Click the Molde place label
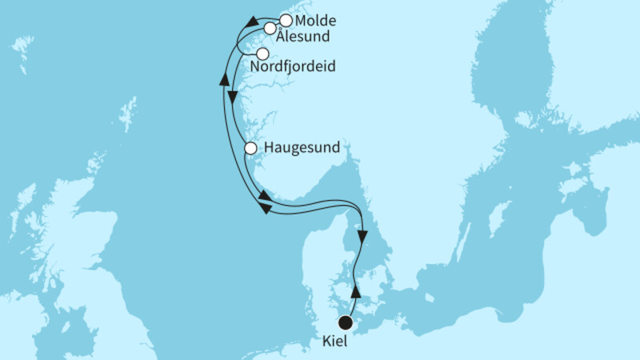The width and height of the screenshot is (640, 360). tap(315, 21)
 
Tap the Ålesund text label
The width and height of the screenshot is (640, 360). tap(302, 36)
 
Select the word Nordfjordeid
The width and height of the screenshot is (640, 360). tap(293, 68)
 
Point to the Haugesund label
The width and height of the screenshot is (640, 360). tap(302, 148)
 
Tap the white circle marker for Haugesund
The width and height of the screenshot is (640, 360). tap(250, 148)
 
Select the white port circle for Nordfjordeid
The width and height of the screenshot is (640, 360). tap(262, 54)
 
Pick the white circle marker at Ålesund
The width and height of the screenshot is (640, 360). tap(270, 29)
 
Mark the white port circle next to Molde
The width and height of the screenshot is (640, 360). tap(285, 19)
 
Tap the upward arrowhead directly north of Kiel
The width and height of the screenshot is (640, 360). tap(357, 292)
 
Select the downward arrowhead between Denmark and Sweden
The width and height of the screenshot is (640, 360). tap(363, 237)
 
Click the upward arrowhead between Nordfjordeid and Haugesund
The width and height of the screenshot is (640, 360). tap(224, 79)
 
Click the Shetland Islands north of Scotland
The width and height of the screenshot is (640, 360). tap(127, 114)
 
